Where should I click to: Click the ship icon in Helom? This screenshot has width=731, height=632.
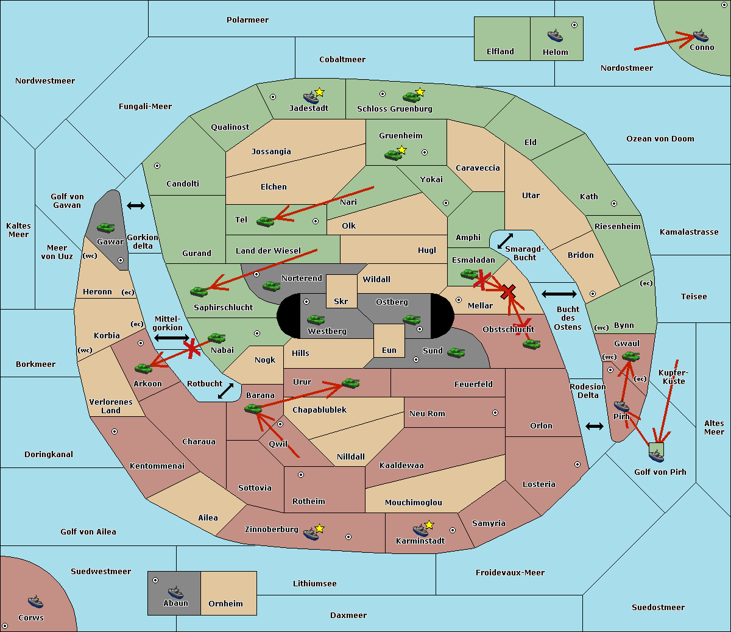pos(555,35)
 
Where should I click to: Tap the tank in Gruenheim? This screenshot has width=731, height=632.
pos(393,155)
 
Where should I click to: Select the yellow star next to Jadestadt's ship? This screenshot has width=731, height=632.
pos(319,92)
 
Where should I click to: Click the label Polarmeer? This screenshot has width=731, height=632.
pos(247,20)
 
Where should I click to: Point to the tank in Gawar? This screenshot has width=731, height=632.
pos(106,227)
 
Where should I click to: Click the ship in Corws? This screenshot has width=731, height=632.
pos(35,601)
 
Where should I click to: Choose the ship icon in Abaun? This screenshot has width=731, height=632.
pos(175,592)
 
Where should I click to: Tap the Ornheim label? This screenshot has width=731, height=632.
pos(225,603)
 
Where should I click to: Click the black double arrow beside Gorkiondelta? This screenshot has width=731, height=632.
pos(136,205)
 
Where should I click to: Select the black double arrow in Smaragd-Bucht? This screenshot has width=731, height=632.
pos(505,241)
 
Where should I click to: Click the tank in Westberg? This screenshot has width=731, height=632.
pos(316,319)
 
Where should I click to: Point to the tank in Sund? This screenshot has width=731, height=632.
pos(456,352)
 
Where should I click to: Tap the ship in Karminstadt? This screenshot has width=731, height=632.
pos(420,530)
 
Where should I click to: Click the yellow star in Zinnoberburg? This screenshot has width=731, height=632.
pos(319,528)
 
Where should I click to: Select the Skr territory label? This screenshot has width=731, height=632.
pos(341,301)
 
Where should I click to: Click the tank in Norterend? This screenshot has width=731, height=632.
pos(271,286)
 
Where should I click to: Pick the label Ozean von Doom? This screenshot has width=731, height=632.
pos(660,139)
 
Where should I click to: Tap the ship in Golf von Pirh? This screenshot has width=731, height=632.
pos(656,456)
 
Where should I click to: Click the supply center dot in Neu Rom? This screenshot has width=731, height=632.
pos(495,413)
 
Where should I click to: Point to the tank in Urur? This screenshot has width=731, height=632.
pos(350,383)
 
